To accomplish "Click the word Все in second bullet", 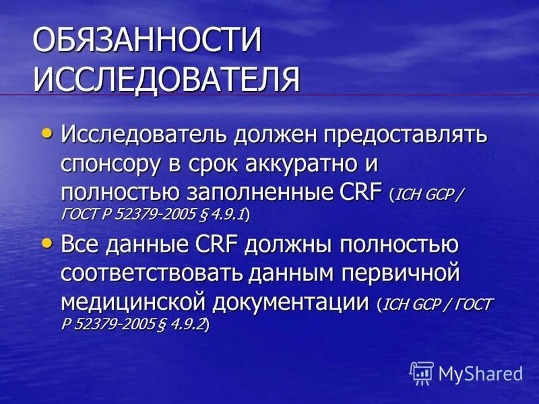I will coord(81,245).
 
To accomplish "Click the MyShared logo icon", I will coord(422,372).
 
